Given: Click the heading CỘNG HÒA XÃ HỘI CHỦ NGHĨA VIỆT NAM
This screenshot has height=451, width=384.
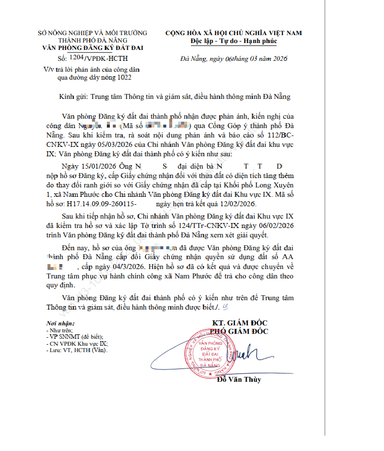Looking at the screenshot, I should (x=234, y=33).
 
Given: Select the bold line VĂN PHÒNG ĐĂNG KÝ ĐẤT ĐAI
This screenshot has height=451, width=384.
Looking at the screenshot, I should (x=93, y=48).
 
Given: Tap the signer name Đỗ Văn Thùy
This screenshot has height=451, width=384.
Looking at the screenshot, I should (x=239, y=379).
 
